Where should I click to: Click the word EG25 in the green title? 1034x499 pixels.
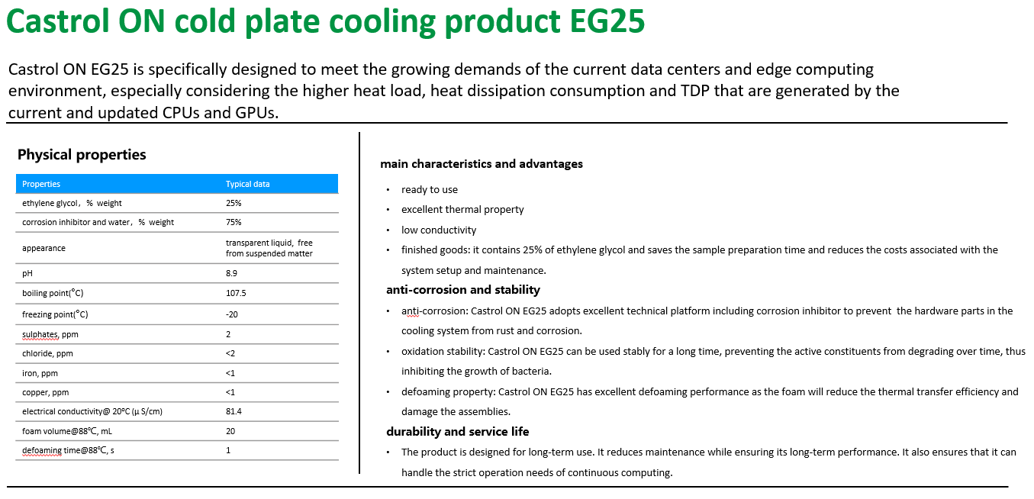coord(607,21)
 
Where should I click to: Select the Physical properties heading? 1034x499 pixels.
coord(82,155)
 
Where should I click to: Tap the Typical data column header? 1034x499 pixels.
coord(247,184)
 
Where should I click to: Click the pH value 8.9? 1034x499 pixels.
coord(231,273)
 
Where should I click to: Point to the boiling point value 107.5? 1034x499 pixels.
coord(236,293)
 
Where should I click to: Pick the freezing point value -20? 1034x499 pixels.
coord(232,314)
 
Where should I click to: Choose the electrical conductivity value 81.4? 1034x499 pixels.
coord(234,411)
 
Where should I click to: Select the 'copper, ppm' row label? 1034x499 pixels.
coord(45,392)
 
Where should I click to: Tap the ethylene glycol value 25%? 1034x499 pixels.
coord(234,203)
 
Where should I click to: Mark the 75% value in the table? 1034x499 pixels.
coord(234,222)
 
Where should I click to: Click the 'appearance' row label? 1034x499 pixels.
coord(43,248)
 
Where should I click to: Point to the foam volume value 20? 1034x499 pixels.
coord(230,431)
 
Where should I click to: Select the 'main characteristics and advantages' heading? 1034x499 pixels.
coord(482,164)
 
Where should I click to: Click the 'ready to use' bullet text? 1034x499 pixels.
coord(430,190)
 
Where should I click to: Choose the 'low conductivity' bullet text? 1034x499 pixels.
coord(439,230)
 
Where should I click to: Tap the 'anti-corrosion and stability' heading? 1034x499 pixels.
coord(463,290)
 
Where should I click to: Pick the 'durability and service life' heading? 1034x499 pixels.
coord(457,432)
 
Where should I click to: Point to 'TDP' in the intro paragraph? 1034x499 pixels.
coord(694,91)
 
